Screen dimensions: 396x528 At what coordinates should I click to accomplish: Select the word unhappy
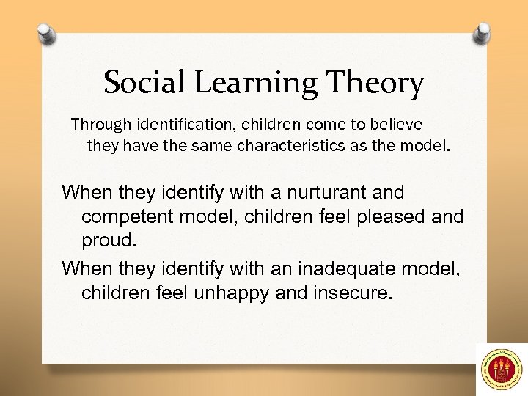[x=228, y=293]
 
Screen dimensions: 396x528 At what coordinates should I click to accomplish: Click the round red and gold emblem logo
[x=501, y=370]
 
